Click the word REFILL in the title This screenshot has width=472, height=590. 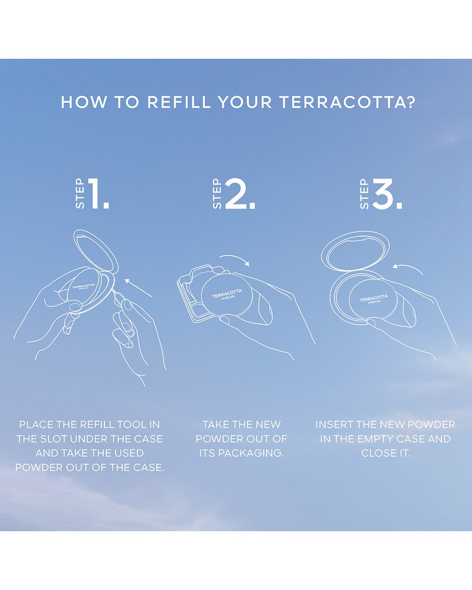coord(179,102)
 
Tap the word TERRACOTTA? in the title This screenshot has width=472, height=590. coord(347,102)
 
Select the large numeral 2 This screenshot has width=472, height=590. coord(239,194)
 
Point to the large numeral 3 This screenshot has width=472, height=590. coord(387,194)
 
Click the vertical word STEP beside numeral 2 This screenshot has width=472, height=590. coord(217,194)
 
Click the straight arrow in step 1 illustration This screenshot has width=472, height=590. coord(138,288)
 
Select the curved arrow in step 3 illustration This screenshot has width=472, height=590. coord(408,268)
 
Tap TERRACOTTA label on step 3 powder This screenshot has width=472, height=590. coord(373,298)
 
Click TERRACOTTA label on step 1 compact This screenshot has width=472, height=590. coord(84,287)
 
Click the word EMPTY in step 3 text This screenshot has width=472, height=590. coord(376,439)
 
